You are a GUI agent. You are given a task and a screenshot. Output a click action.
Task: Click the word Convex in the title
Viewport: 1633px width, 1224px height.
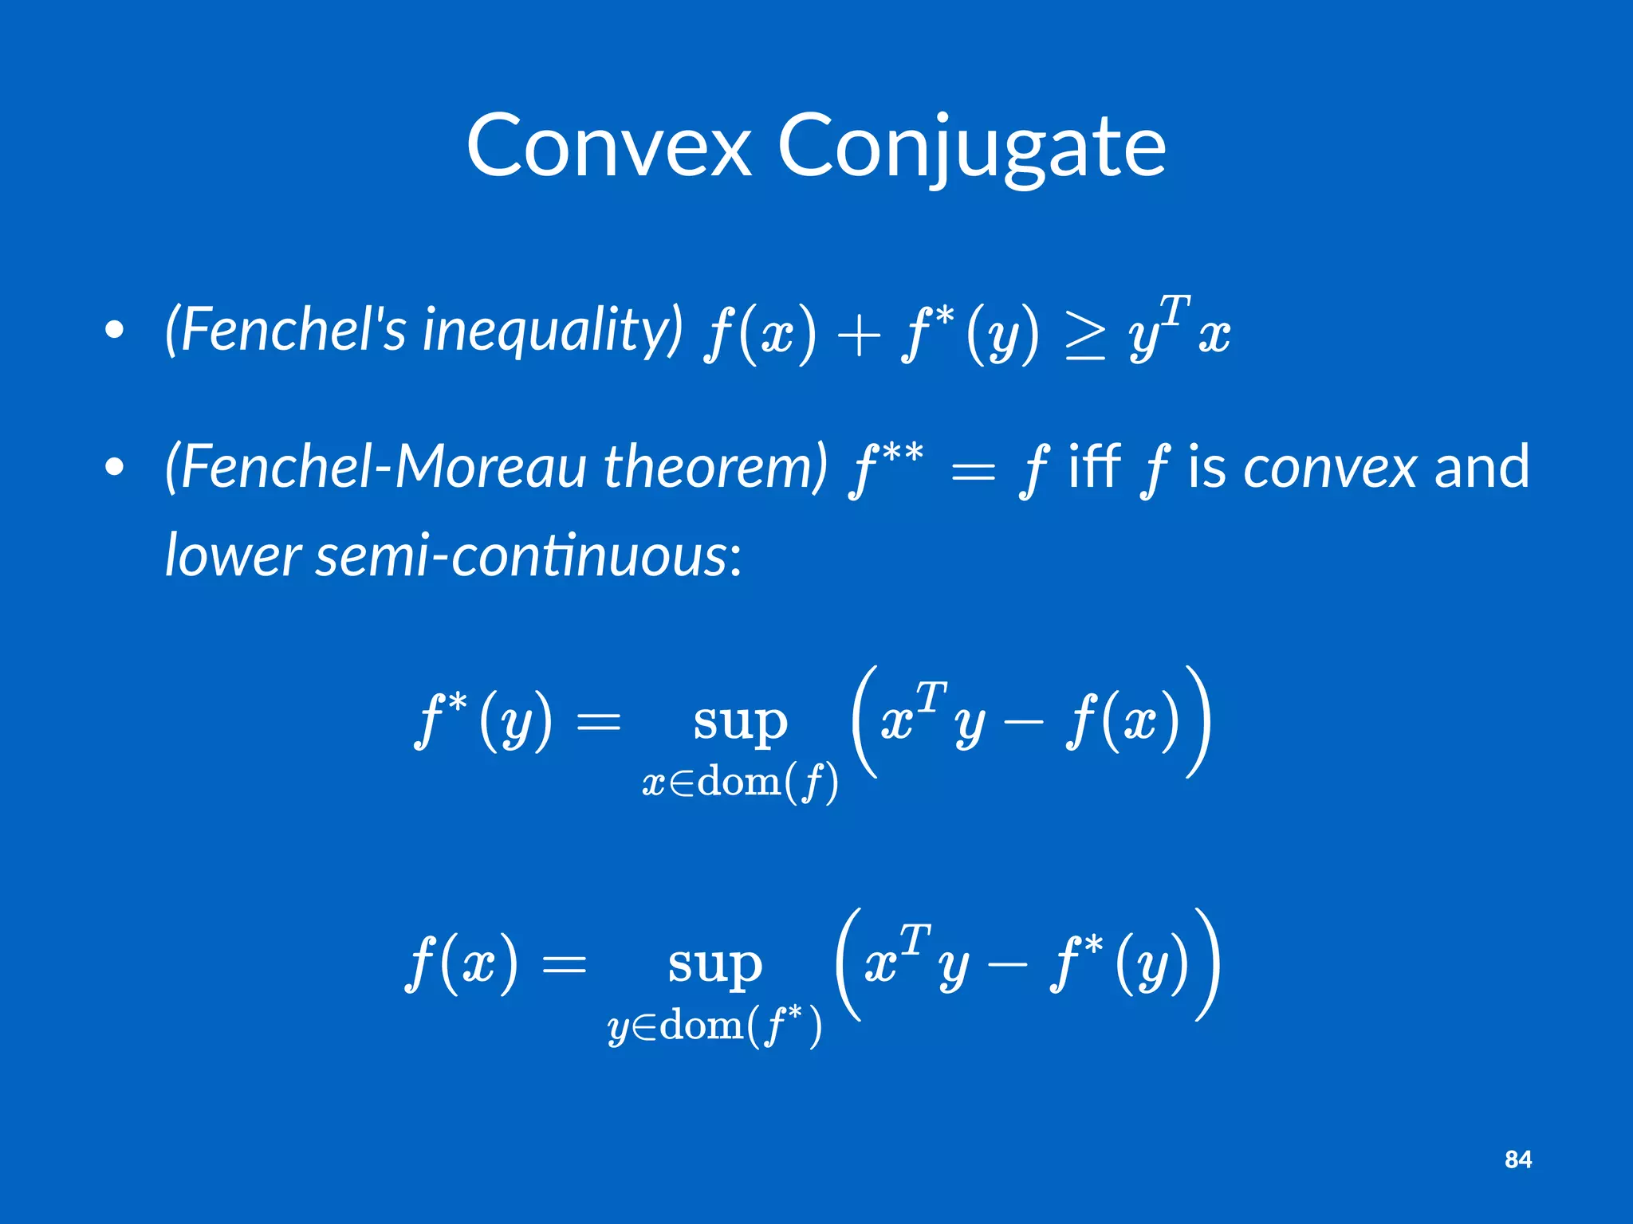point(609,147)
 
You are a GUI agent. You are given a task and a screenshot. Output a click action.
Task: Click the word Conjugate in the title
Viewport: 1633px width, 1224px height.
point(971,148)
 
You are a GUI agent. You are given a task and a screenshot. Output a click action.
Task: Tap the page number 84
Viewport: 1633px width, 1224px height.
point(1517,1159)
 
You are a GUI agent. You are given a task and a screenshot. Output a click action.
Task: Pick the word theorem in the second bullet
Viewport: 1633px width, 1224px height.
point(715,467)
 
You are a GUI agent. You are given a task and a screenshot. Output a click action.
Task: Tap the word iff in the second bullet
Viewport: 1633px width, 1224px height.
point(1094,465)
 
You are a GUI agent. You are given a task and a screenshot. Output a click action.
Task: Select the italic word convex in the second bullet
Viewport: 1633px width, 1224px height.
point(1330,467)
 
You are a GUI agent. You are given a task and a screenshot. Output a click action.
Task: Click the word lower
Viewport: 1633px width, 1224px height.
point(232,555)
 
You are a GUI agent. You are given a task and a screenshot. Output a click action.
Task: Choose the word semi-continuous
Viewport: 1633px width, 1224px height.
point(529,555)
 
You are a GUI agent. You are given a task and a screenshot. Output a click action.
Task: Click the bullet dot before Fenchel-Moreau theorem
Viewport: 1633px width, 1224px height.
point(115,468)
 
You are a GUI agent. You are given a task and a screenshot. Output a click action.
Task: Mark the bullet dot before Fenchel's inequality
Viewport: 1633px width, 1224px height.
point(115,330)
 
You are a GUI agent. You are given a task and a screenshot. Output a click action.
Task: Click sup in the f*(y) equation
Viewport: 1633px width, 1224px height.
point(740,722)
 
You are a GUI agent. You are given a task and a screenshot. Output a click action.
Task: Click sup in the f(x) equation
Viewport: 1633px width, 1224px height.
point(715,965)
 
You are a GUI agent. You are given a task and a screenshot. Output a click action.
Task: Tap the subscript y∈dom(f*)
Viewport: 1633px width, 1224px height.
point(714,1026)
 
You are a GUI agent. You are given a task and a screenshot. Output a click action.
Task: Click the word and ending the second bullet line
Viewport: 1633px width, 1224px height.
point(1482,467)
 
